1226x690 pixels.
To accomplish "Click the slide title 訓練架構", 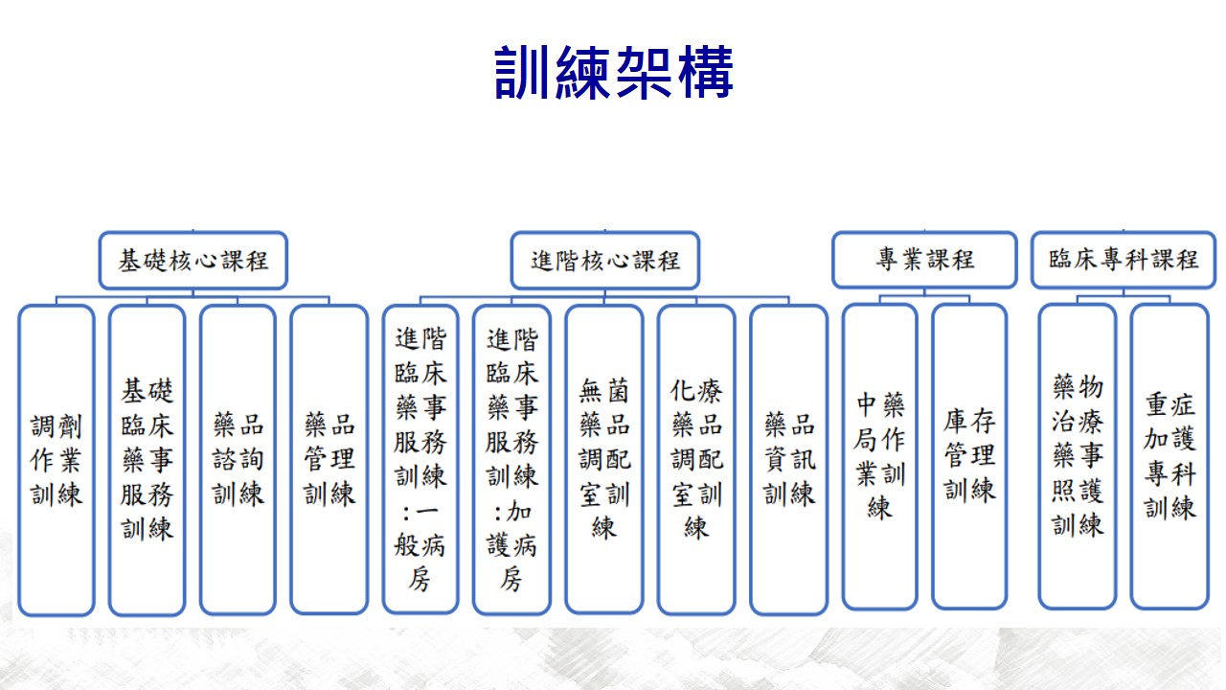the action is (x=614, y=72).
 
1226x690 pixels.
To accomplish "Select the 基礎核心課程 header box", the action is (x=193, y=260).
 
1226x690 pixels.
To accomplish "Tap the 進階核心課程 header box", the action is (x=604, y=260).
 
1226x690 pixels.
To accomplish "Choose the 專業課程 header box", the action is (x=924, y=260).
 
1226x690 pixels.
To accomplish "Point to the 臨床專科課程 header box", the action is (x=1124, y=260).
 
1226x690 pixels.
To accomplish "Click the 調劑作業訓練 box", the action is (x=57, y=460).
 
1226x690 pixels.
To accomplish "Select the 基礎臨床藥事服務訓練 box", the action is (x=148, y=460).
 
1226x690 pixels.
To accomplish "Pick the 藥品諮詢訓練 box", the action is (x=238, y=460).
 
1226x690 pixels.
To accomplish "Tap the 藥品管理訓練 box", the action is (x=329, y=460).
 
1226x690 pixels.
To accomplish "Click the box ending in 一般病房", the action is (x=420, y=459).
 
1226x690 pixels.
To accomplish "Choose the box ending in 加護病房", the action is (x=511, y=459).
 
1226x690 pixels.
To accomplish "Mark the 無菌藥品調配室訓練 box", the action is (x=604, y=459).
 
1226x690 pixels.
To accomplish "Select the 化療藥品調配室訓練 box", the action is (x=696, y=459).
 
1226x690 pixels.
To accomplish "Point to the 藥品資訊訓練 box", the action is (x=788, y=459).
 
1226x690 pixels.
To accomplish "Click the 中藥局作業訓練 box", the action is (x=879, y=457).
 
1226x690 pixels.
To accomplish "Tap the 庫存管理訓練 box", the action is (x=969, y=457).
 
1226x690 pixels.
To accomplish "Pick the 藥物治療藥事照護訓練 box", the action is (x=1078, y=457).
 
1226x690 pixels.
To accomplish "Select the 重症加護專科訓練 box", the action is (x=1169, y=457).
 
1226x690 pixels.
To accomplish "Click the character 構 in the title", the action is (x=706, y=72).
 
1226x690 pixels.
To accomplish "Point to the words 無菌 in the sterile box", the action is (x=604, y=390).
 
